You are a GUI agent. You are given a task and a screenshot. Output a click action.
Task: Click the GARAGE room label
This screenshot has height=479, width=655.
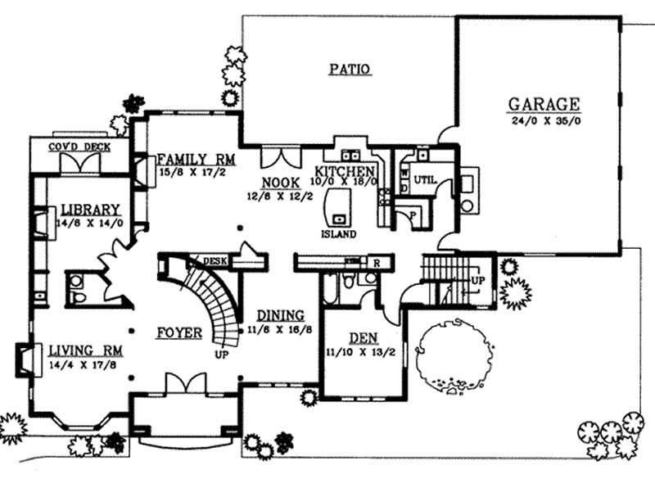pos(544,105)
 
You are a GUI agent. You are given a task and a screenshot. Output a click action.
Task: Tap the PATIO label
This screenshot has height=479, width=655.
pos(350,70)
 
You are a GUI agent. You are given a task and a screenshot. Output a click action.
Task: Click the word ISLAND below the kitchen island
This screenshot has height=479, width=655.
pos(338,234)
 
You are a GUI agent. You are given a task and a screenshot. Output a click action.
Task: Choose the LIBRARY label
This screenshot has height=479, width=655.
pos(84,210)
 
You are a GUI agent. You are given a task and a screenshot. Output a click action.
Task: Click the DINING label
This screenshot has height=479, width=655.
pos(281,315)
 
